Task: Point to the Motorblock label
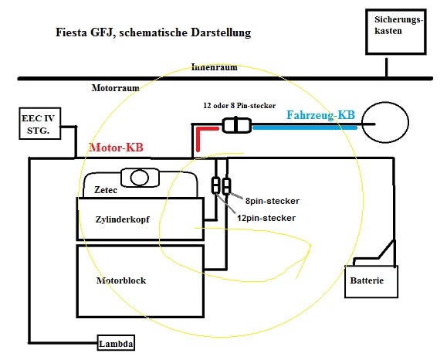pyautogui.click(x=121, y=280)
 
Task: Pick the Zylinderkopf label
pyautogui.click(x=122, y=219)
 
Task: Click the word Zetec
pyautogui.click(x=106, y=190)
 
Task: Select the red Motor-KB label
pyautogui.click(x=116, y=148)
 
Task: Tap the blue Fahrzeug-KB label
pyautogui.click(x=320, y=115)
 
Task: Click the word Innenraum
pyautogui.click(x=215, y=67)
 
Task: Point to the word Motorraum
pyautogui.click(x=116, y=88)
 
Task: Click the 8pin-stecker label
pyautogui.click(x=273, y=201)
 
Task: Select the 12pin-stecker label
pyautogui.click(x=266, y=218)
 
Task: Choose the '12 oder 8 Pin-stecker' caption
pyautogui.click(x=239, y=106)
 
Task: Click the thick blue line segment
pyautogui.click(x=305, y=128)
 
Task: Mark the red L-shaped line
pyautogui.click(x=198, y=130)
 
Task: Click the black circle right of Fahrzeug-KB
pyautogui.click(x=385, y=103)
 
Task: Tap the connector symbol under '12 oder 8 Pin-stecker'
pyautogui.click(x=236, y=125)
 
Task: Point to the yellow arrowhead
pyautogui.click(x=310, y=246)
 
